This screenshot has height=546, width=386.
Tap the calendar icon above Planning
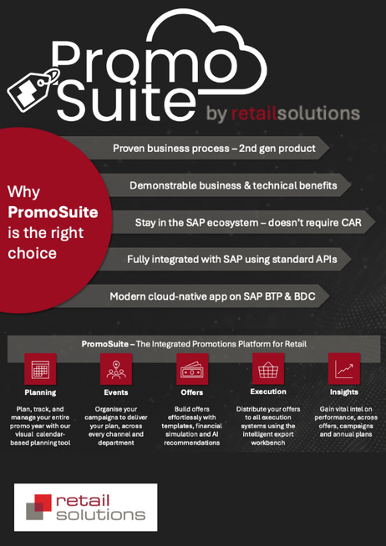[40, 368]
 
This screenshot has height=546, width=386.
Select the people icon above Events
[116, 368]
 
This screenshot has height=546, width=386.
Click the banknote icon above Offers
[192, 368]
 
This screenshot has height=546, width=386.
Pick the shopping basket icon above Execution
[267, 368]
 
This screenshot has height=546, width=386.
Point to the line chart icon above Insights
[343, 368]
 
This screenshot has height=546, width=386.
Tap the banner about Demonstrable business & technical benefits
[232, 185]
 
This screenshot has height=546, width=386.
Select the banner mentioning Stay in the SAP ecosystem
[248, 223]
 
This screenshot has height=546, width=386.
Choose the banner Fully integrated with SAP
[231, 260]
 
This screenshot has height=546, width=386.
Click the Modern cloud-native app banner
[212, 296]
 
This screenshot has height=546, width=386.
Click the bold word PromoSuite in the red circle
[53, 212]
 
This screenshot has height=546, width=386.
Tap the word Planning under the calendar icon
[40, 392]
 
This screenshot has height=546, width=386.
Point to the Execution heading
[267, 391]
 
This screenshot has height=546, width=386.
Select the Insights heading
[343, 392]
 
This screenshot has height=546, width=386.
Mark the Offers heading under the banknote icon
[192, 392]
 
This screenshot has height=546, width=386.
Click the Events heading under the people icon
[116, 392]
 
